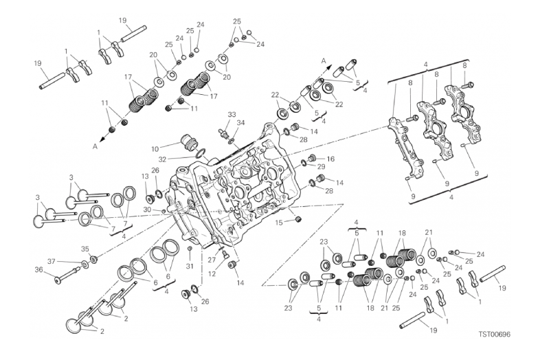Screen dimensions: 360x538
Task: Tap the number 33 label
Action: coord(232,114)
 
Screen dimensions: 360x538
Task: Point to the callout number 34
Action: coord(240,123)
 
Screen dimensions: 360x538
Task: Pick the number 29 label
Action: coord(322,167)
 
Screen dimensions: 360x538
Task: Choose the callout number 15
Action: coord(279,223)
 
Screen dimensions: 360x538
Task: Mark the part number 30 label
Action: coord(147,210)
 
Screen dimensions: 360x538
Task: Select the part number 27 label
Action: coord(225,254)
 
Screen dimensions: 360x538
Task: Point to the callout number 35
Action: coord(85,249)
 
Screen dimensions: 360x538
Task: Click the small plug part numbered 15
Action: coord(298,220)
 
